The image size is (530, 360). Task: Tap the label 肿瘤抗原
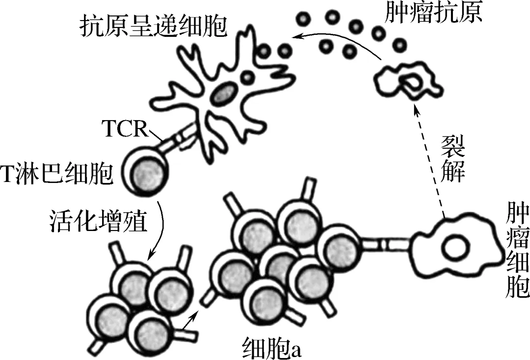(x=433, y=13)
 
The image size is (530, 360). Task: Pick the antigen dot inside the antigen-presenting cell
(x=248, y=76)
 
